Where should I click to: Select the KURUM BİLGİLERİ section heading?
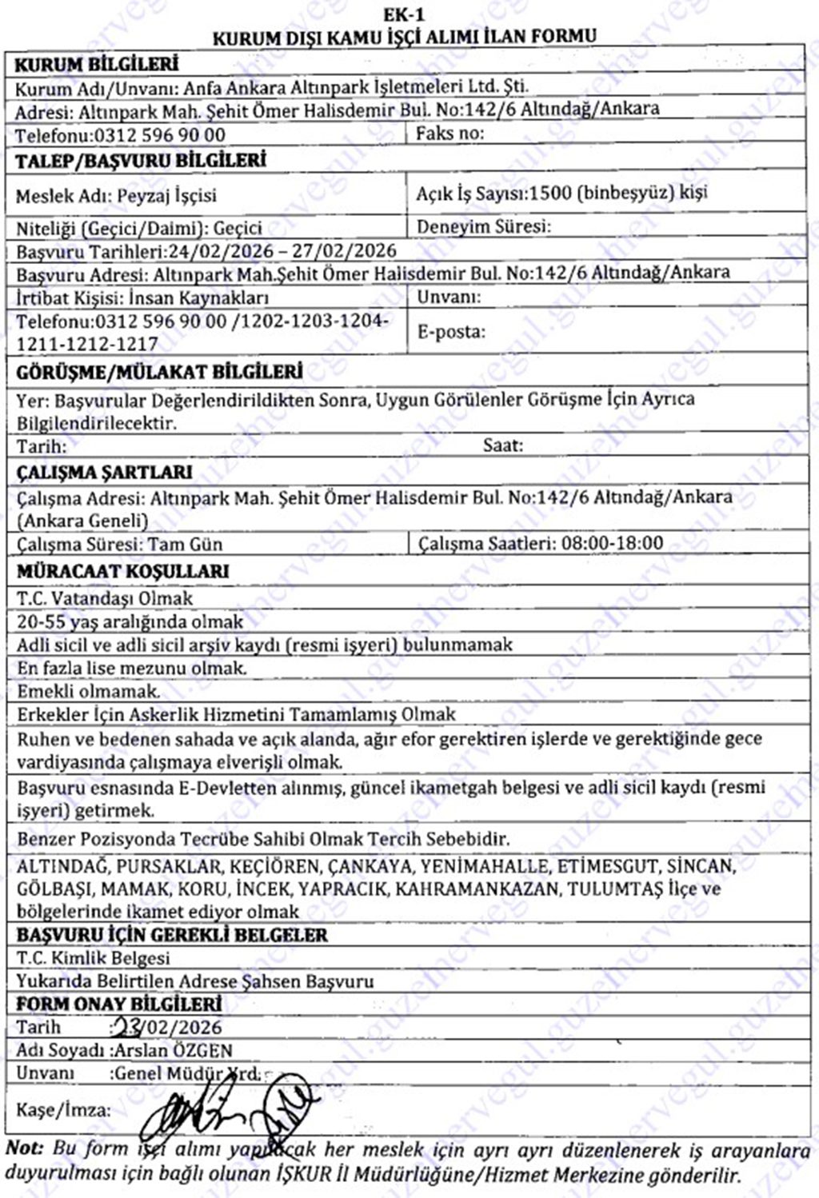pos(97,65)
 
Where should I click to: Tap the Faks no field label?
pos(449,134)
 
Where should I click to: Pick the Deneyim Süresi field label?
pos(483,227)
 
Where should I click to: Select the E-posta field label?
pos(451,332)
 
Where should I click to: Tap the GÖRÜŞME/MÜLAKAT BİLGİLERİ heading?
pos(159,373)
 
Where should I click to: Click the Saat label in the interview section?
pos(502,445)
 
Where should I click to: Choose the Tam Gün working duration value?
pos(186,545)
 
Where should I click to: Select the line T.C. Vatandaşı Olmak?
pos(105,598)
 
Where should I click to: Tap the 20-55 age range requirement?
pos(130,621)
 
